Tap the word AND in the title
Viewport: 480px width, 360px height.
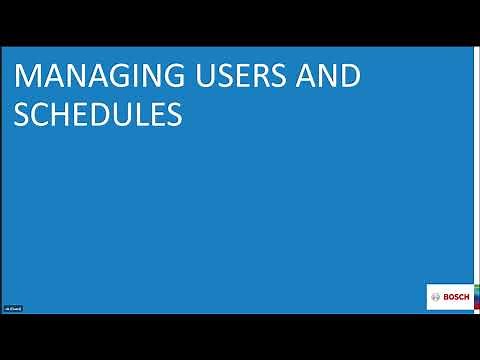(x=332, y=76)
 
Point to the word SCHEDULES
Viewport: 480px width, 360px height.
(x=97, y=115)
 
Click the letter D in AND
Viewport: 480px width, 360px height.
(x=350, y=76)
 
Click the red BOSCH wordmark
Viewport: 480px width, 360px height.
(x=455, y=297)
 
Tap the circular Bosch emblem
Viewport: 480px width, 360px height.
(x=436, y=297)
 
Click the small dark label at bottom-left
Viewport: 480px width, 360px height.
(x=13, y=308)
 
